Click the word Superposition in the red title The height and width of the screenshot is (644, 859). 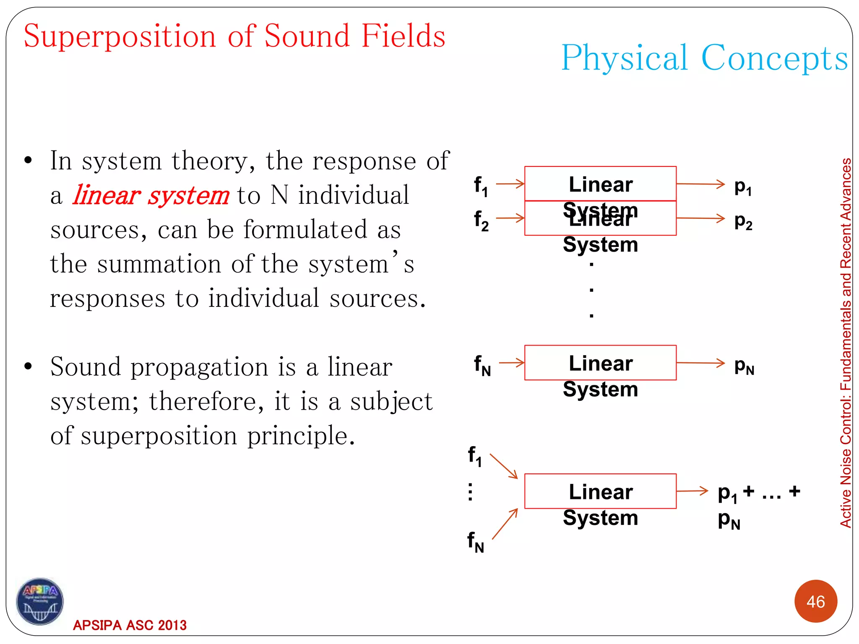click(x=120, y=37)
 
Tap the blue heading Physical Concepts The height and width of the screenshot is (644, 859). click(x=705, y=58)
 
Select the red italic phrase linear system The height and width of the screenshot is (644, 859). click(x=151, y=196)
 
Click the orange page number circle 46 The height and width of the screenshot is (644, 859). click(x=815, y=601)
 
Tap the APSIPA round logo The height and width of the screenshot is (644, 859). click(x=40, y=601)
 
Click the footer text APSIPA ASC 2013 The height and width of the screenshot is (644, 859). click(x=130, y=625)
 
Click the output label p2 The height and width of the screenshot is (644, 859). click(x=743, y=221)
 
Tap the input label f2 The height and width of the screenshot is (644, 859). click(x=481, y=221)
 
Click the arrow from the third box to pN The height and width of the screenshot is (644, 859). click(x=700, y=363)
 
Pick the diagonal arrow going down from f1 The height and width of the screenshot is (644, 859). click(x=504, y=466)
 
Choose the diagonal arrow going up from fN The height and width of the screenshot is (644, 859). click(x=505, y=524)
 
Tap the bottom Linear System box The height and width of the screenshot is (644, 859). click(x=600, y=491)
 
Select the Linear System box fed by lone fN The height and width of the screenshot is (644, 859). click(x=600, y=363)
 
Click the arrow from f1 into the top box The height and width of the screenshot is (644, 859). click(x=510, y=184)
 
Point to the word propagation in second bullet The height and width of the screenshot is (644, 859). click(x=199, y=368)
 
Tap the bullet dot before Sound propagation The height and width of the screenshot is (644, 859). click(x=28, y=366)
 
